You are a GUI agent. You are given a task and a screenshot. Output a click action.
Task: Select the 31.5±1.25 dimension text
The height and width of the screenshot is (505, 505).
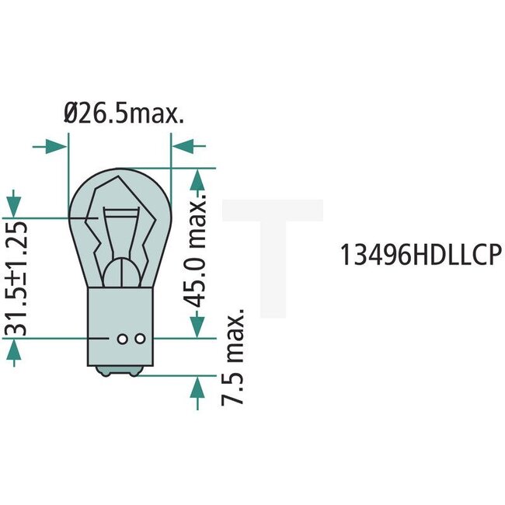(x=16, y=279)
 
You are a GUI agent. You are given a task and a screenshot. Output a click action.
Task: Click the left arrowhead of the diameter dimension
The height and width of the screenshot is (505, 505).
(x=54, y=145)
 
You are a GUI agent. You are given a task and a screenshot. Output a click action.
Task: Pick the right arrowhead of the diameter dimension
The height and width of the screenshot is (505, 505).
(x=183, y=145)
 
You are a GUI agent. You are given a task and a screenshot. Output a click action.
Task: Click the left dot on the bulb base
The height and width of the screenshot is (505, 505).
(x=122, y=338)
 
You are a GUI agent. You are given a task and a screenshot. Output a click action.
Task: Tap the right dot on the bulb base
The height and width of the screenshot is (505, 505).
(x=140, y=338)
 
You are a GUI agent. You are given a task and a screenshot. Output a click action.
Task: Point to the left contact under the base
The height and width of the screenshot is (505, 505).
(x=107, y=371)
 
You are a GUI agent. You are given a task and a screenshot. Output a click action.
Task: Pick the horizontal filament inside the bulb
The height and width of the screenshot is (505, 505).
(x=120, y=212)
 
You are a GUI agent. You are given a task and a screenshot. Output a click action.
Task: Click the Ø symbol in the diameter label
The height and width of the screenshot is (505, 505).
(x=70, y=116)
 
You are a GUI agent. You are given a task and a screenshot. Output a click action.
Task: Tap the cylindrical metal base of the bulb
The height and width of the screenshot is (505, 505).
(x=120, y=326)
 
